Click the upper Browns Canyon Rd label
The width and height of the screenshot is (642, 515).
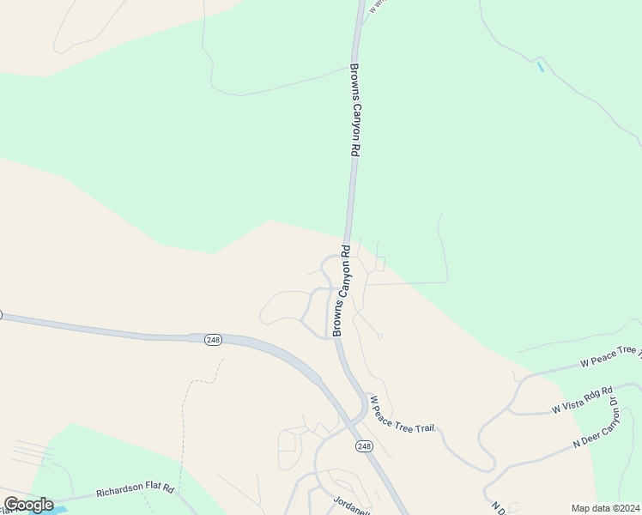point(354,110)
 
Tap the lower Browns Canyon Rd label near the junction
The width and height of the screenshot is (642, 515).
point(341,292)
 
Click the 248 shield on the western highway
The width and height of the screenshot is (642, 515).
point(213,340)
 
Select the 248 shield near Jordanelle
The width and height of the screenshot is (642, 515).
point(364,445)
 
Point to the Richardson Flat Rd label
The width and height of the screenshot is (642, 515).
point(135,491)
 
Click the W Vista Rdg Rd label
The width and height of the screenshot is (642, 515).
point(582,400)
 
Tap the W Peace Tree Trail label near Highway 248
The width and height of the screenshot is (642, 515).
point(403,414)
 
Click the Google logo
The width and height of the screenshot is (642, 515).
point(28,505)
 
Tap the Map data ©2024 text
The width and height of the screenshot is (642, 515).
point(606,508)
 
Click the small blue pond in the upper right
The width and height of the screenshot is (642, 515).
point(540,66)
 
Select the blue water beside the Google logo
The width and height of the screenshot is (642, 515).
point(57,510)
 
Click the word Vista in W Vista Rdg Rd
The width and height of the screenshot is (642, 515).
point(571,403)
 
